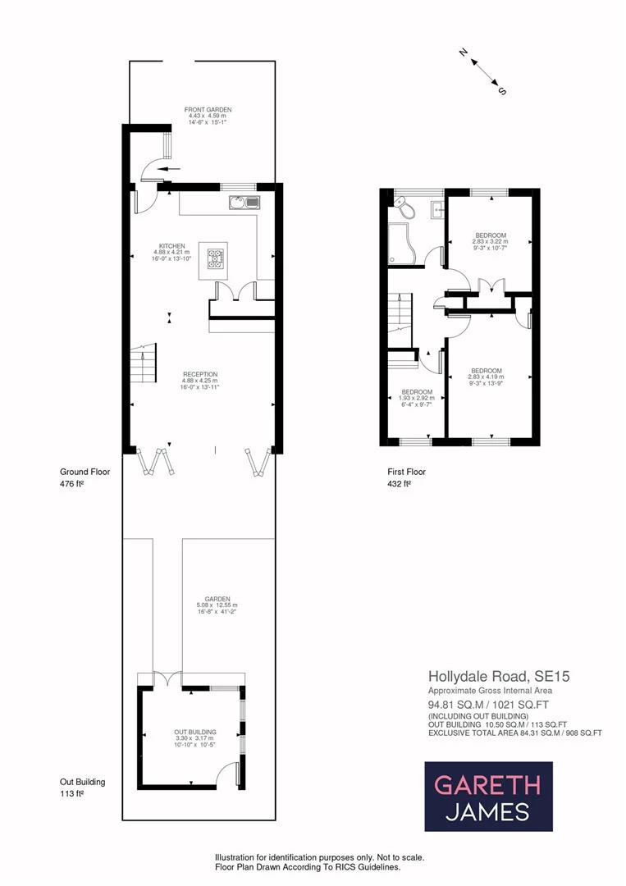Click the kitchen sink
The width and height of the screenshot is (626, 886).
click(244, 202)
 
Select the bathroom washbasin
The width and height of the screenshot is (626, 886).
click(438, 209)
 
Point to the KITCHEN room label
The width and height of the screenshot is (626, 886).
click(171, 246)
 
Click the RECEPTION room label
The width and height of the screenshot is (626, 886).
click(200, 375)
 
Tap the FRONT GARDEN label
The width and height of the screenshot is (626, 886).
click(208, 110)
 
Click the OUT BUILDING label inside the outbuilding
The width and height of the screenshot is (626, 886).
click(195, 733)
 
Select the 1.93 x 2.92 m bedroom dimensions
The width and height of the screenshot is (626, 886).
click(417, 399)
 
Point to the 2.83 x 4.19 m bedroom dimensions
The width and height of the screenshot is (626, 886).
click(486, 377)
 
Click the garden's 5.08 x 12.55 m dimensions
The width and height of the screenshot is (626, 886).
click(217, 605)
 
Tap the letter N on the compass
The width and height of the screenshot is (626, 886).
click(464, 53)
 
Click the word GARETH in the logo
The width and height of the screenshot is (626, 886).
click(487, 785)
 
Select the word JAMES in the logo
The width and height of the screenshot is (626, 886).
click(487, 811)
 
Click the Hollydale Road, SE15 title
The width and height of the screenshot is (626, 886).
click(499, 676)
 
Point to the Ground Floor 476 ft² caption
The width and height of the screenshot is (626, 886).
click(85, 477)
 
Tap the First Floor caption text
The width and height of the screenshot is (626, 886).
click(406, 472)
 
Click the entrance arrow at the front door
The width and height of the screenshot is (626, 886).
click(167, 168)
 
